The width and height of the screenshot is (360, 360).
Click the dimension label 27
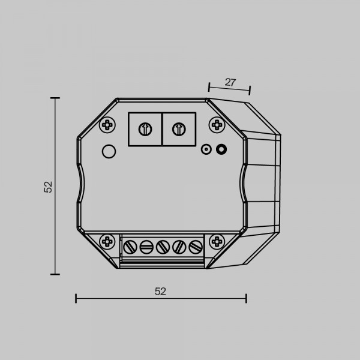click(x=230, y=82)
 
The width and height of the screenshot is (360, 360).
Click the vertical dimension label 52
click(x=48, y=187)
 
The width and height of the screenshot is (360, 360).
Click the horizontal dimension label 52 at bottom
click(x=160, y=292)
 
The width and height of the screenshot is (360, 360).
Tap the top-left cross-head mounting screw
click(x=107, y=125)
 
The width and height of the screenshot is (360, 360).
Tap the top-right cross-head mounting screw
click(x=217, y=125)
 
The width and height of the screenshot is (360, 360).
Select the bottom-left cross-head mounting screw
click(x=107, y=242)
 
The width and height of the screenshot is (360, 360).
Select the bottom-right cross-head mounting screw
click(x=217, y=242)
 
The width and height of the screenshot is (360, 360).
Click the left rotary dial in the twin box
click(x=145, y=129)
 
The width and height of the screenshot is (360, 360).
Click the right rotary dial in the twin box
click(x=179, y=129)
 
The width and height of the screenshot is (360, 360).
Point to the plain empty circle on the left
click(x=109, y=151)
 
